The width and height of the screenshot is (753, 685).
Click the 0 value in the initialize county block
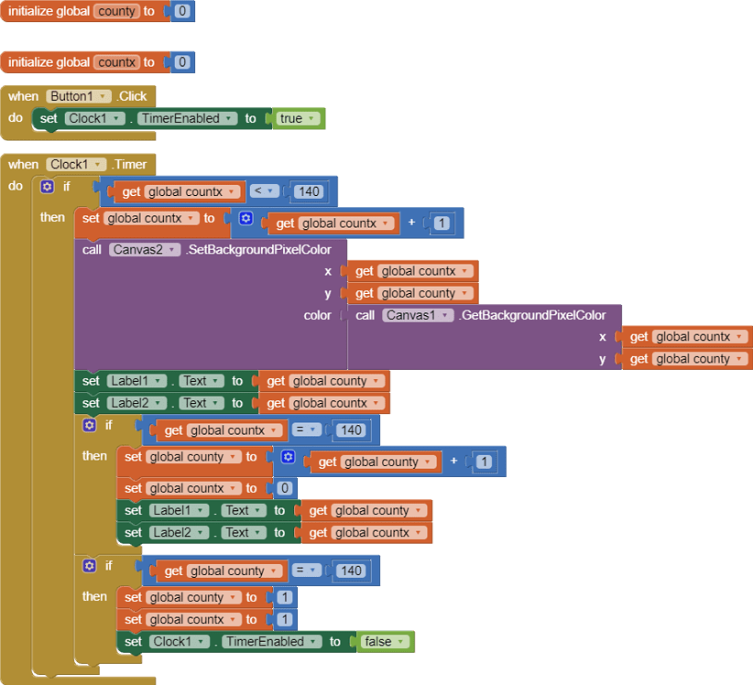(x=181, y=12)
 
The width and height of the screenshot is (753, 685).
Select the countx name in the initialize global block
(x=115, y=62)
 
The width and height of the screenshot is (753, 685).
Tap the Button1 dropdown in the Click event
(x=79, y=96)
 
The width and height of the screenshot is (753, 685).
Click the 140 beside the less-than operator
(x=308, y=191)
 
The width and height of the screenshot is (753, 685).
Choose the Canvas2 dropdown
(x=145, y=249)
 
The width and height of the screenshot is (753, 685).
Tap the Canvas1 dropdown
(x=418, y=315)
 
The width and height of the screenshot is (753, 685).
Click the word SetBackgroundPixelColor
(x=259, y=249)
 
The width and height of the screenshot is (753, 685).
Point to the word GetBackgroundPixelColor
(x=532, y=315)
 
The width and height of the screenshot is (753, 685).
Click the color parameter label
(x=317, y=315)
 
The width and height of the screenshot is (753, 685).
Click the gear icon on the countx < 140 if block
(x=48, y=186)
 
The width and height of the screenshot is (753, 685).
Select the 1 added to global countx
(x=441, y=223)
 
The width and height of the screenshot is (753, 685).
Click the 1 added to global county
(x=484, y=462)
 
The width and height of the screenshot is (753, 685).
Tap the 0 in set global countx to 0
(x=284, y=488)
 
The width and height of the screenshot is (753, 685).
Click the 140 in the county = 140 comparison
(x=350, y=571)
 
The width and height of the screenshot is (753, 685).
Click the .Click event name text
(x=133, y=96)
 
